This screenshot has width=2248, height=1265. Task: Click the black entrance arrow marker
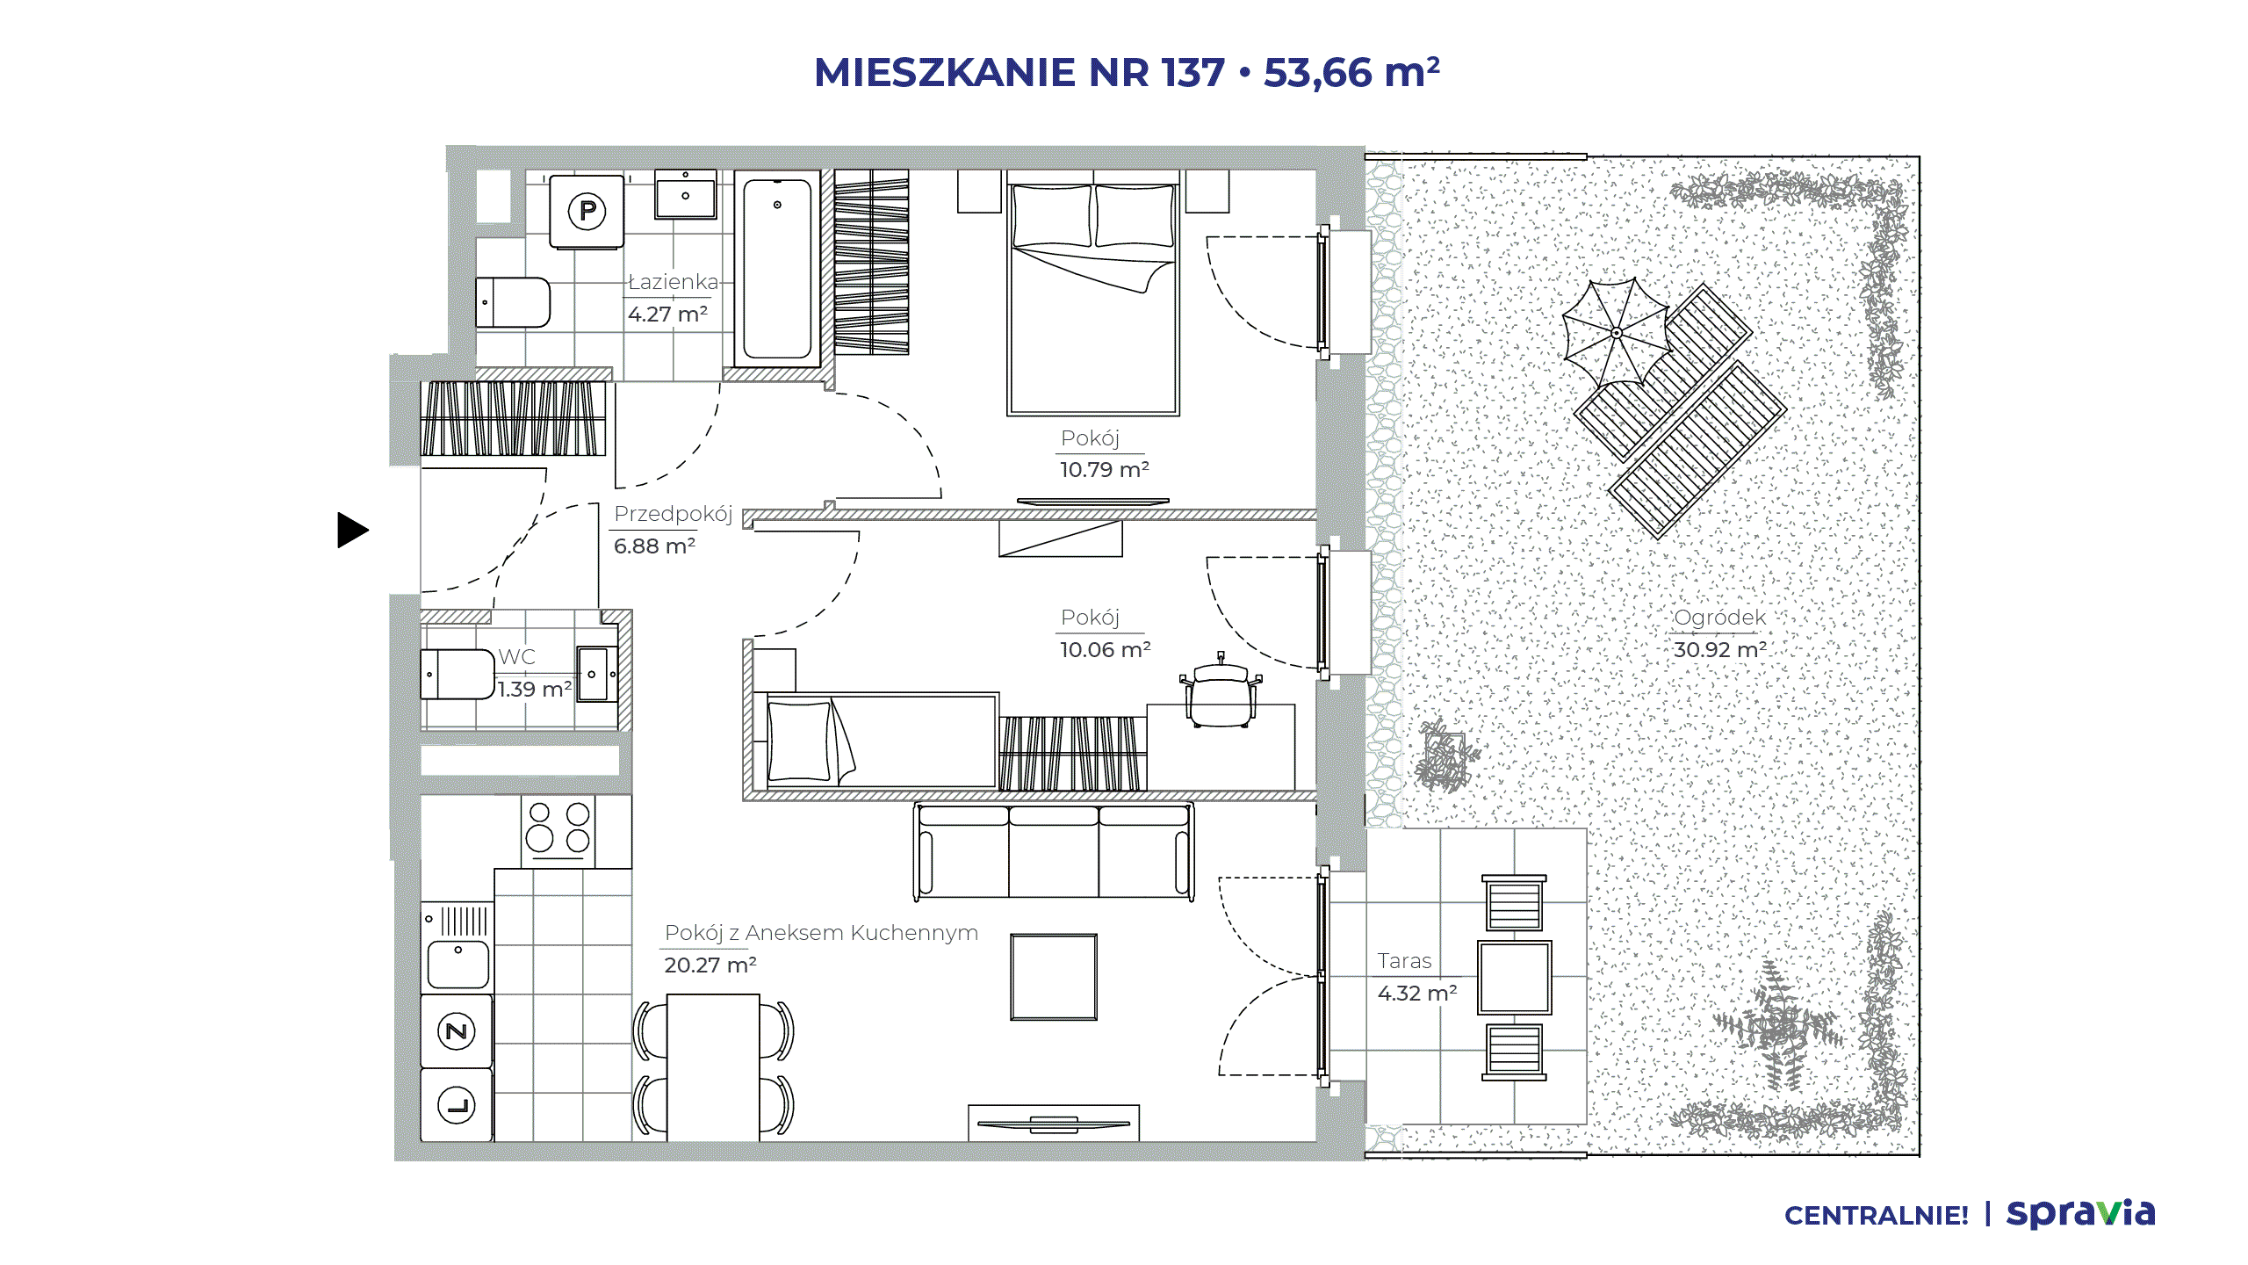click(x=351, y=530)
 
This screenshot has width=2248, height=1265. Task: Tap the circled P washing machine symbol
click(x=587, y=211)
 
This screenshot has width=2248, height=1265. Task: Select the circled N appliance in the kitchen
click(x=457, y=1031)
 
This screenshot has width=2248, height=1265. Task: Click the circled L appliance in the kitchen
click(x=457, y=1105)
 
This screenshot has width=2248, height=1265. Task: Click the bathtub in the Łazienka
click(x=777, y=269)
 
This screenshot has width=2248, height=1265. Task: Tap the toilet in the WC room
click(x=458, y=675)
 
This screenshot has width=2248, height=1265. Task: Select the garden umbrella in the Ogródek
click(x=1617, y=333)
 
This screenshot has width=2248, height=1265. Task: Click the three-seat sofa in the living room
click(x=1054, y=852)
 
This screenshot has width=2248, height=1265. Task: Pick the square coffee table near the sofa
click(x=1054, y=977)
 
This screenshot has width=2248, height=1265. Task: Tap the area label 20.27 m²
click(x=710, y=965)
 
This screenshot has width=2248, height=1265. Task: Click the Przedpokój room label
click(x=674, y=515)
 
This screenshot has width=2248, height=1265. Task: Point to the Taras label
click(x=1404, y=961)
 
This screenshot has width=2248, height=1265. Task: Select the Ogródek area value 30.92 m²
click(x=1720, y=650)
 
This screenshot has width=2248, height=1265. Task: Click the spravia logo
click(x=2081, y=1214)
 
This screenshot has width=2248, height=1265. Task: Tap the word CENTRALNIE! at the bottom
click(x=1877, y=1216)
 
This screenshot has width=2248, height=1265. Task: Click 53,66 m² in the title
click(x=1352, y=72)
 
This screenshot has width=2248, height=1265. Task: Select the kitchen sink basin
click(x=458, y=965)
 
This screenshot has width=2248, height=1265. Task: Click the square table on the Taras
click(x=1515, y=978)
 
